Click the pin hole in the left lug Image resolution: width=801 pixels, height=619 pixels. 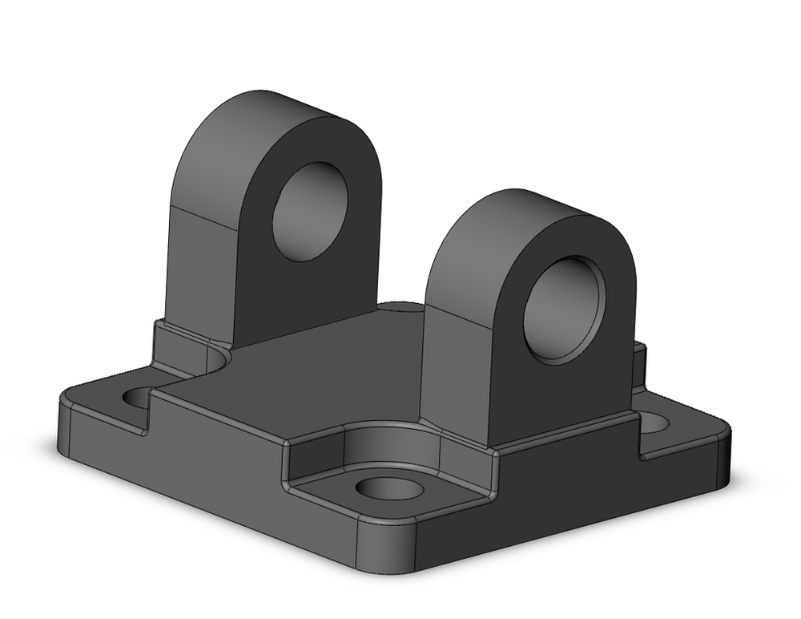[x=310, y=211]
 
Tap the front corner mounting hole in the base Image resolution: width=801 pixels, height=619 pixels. [x=388, y=488]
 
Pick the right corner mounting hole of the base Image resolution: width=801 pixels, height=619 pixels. [x=654, y=423]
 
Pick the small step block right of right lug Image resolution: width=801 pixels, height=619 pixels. [x=638, y=365]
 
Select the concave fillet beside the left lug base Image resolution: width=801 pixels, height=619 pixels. [x=217, y=357]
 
